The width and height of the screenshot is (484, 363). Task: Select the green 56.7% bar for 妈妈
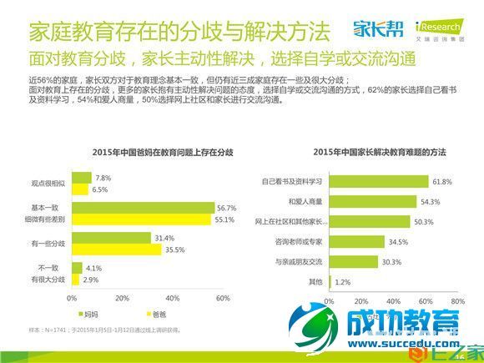coord(143,208)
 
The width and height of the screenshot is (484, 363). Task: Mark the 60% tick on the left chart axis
coord(223,298)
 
